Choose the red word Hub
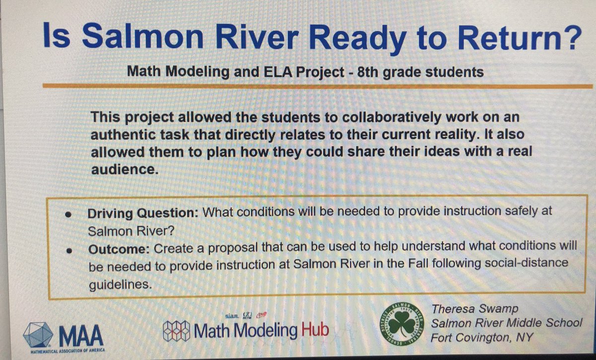point(313,329)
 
